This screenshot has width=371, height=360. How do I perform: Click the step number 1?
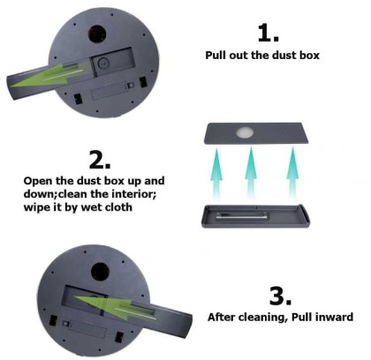(268, 33)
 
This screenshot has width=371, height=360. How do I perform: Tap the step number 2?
(100, 160)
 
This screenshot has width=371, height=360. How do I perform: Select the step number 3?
(280, 296)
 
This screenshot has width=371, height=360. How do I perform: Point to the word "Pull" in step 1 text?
(216, 55)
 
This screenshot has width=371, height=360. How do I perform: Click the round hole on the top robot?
(97, 34)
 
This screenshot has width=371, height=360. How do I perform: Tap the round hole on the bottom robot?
(100, 271)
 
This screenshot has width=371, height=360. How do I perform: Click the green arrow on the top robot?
(49, 74)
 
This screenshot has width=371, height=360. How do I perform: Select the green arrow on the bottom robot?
(115, 307)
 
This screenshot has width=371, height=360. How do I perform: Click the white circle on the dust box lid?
(245, 132)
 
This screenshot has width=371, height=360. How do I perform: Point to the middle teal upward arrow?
(251, 174)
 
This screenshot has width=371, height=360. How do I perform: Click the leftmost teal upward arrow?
(216, 174)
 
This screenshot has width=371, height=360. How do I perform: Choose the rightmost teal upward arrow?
(292, 174)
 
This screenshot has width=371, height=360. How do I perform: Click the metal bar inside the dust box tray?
(242, 215)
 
